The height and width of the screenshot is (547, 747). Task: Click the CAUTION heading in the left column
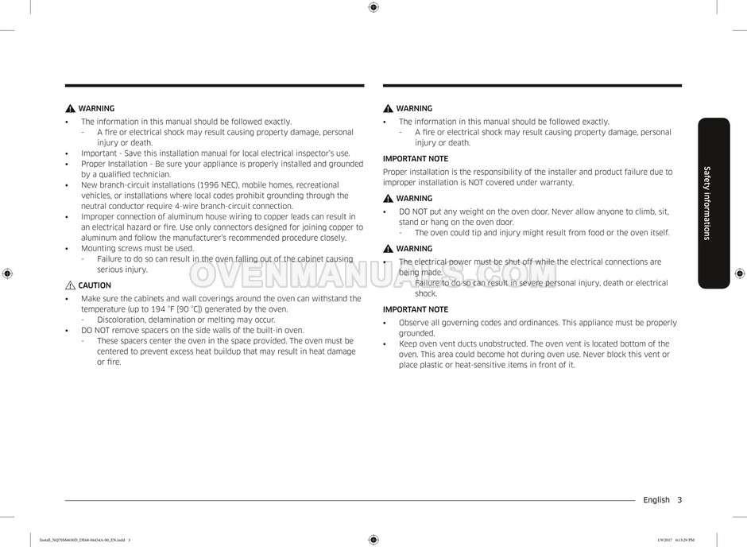95,285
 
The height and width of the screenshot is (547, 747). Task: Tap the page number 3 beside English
679,500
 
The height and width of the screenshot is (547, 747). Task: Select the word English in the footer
656,500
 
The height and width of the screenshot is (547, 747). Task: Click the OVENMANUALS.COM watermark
373,274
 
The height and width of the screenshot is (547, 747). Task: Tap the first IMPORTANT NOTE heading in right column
415,159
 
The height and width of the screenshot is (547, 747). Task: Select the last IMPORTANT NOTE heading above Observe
415,309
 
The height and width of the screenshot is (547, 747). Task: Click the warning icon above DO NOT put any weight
388,199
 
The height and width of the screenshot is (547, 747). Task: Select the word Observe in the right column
414,323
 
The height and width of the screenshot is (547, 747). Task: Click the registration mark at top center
373,7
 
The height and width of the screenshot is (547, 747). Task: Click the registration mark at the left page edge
7,273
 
